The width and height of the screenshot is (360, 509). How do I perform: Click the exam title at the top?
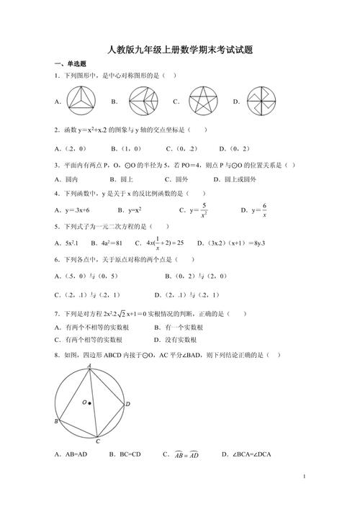pyautogui.click(x=180, y=50)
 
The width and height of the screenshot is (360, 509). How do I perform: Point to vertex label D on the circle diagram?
pyautogui.click(x=127, y=404)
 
